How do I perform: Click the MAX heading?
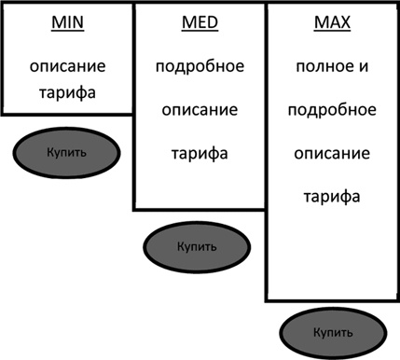(x=331, y=24)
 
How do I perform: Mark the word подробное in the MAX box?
(x=331, y=110)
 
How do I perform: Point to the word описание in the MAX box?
(x=331, y=153)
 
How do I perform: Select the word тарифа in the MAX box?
(x=331, y=196)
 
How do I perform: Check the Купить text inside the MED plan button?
(x=196, y=247)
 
